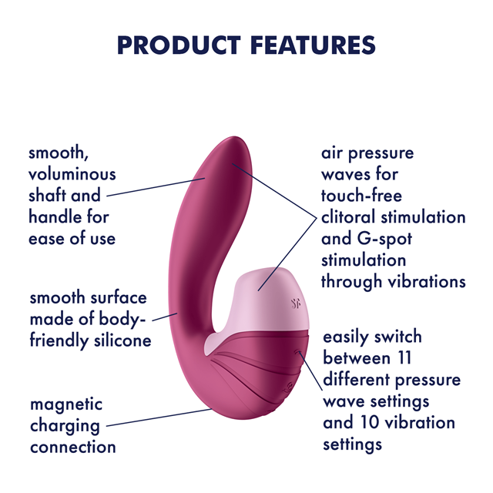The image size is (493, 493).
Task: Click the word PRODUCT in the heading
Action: [179, 45]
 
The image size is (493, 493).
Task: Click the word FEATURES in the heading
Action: [314, 45]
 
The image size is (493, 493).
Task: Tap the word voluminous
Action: [72, 174]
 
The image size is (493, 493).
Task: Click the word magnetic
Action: [66, 405]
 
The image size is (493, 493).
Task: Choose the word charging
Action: [65, 427]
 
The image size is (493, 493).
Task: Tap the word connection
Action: [73, 447]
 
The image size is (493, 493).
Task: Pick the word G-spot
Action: [384, 239]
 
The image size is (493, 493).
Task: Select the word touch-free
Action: [361, 196]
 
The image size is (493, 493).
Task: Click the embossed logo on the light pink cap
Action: [296, 304]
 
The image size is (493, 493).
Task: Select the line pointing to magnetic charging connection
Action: [159, 418]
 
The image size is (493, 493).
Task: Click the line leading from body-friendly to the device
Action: [165, 317]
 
